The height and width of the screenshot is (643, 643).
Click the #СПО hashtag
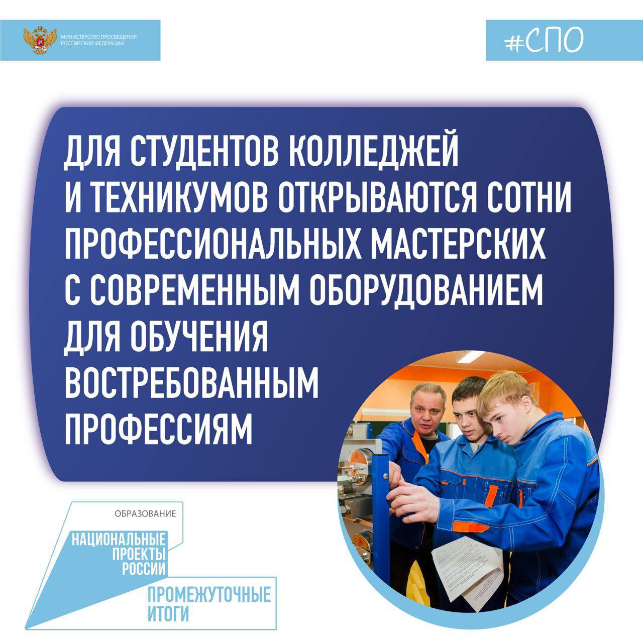point(544,40)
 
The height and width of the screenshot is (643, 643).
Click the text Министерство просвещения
point(99,37)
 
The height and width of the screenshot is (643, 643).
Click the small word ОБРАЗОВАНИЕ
point(145,513)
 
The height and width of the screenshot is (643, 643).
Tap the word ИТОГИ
point(168,613)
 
